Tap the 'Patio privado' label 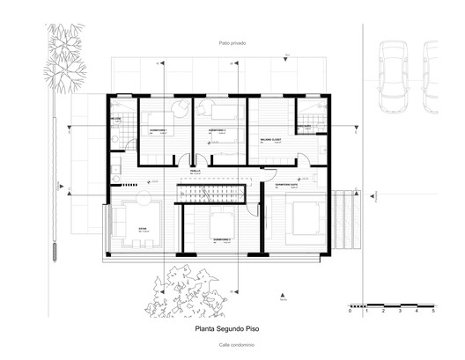pos(232,43)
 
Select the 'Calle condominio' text pos(232,345)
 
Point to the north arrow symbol pos(281,294)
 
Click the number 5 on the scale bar pos(432,312)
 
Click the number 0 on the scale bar pos(350,312)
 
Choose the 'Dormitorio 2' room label pos(217,130)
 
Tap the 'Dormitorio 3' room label pos(222,239)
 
